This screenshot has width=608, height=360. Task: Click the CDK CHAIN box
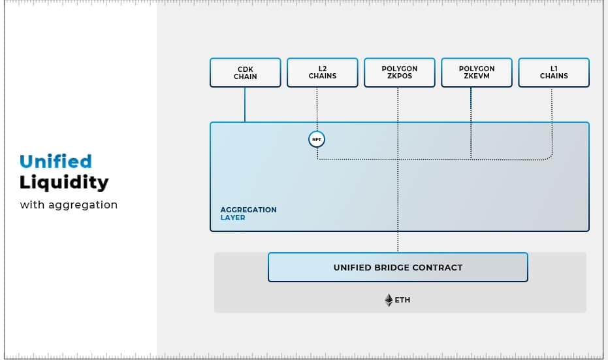click(x=245, y=73)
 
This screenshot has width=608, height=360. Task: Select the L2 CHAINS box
click(x=322, y=73)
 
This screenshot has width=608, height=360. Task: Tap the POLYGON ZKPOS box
click(x=400, y=73)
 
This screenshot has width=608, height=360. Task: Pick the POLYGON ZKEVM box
click(x=477, y=73)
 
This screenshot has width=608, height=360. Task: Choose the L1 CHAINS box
click(x=554, y=73)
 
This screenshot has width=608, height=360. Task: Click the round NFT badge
click(x=317, y=139)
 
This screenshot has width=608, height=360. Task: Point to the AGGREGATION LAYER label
click(x=249, y=214)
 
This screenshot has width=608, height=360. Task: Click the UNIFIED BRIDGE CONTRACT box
click(x=398, y=267)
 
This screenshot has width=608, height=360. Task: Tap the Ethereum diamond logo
click(x=389, y=300)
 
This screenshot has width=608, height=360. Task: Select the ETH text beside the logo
click(x=402, y=300)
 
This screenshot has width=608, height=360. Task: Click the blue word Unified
click(x=56, y=161)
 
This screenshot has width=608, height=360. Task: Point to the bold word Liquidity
click(x=64, y=183)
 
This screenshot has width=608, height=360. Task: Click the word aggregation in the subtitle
click(x=82, y=205)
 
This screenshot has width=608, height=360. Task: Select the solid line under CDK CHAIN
click(x=245, y=105)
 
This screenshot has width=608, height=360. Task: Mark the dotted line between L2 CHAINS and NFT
click(x=317, y=109)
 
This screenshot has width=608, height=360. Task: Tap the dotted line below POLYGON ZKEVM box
click(x=471, y=123)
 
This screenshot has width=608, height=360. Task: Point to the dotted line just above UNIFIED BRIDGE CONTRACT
click(x=398, y=242)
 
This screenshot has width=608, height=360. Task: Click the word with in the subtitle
click(x=32, y=205)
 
